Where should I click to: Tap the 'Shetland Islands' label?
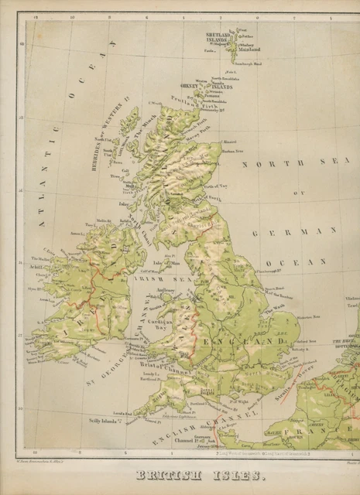click(x=218, y=38)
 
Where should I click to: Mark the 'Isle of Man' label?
click(x=163, y=265)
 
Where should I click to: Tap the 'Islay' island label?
click(x=123, y=204)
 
